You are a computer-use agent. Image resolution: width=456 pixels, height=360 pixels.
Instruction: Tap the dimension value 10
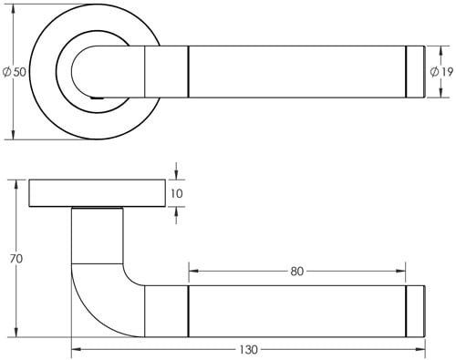click(x=177, y=193)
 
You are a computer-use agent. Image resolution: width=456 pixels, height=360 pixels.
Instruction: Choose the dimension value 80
click(x=296, y=271)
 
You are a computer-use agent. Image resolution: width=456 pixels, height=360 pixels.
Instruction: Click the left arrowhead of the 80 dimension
click(x=192, y=271)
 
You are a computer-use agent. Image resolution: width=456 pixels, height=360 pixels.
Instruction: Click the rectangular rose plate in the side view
click(x=97, y=193)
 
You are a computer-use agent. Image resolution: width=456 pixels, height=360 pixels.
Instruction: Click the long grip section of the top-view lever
click(x=296, y=70)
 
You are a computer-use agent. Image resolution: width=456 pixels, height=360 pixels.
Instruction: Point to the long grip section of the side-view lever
click(x=296, y=311)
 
